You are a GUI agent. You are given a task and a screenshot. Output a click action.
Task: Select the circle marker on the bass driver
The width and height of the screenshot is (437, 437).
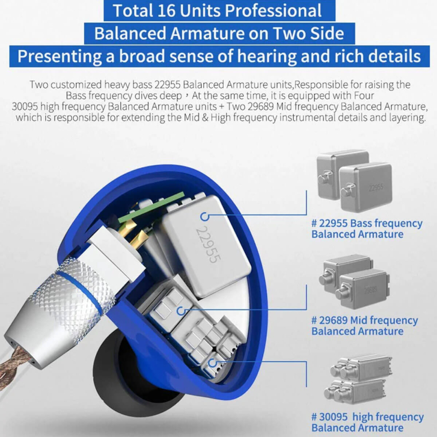tap(204, 216)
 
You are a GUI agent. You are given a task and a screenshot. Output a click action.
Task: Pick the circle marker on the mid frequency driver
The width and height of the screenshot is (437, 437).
tap(182, 311)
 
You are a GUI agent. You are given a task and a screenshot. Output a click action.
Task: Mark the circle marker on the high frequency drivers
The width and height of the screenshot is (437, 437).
tap(213, 362)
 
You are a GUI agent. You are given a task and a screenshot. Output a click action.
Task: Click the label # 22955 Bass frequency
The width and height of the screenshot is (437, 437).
tap(367, 223)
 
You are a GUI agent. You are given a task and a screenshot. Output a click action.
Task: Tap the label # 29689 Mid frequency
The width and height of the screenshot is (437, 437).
tap(364, 320)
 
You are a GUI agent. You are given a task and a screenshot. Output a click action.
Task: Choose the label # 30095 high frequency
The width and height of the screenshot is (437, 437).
tap(367, 417)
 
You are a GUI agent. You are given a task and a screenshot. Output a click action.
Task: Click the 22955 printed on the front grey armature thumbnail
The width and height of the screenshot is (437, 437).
tap(376, 188)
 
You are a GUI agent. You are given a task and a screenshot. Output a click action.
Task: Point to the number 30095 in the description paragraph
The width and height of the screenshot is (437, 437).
tap(25, 106)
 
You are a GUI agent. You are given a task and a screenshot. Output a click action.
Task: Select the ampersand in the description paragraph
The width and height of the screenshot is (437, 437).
tap(205, 118)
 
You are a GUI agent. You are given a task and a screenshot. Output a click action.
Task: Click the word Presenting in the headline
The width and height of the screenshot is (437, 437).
tap(60, 57)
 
